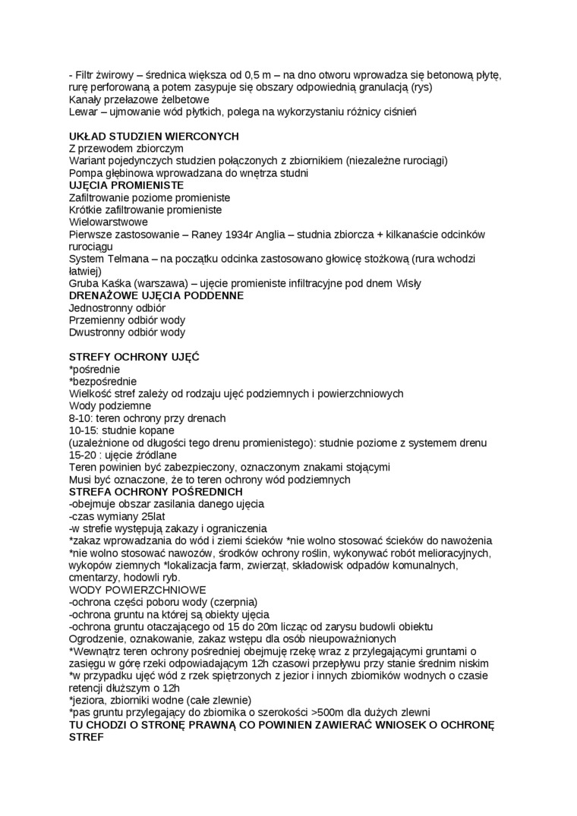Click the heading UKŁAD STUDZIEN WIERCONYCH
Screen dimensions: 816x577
point(153,136)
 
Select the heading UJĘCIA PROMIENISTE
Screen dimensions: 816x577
point(125,185)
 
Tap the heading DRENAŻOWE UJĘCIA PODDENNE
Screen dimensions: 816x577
point(156,295)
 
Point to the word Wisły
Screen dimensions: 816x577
point(408,283)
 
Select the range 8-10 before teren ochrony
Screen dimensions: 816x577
point(81,418)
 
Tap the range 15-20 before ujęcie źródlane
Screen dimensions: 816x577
point(84,455)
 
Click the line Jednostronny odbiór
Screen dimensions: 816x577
point(117,308)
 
